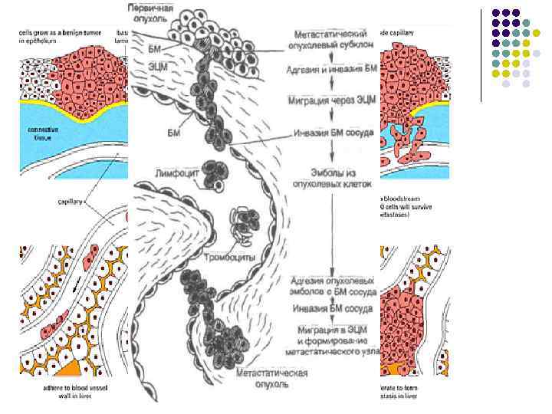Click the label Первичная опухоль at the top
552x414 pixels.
(x=150, y=12)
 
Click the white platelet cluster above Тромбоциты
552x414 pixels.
(x=244, y=223)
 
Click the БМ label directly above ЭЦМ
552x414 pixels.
(x=154, y=48)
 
